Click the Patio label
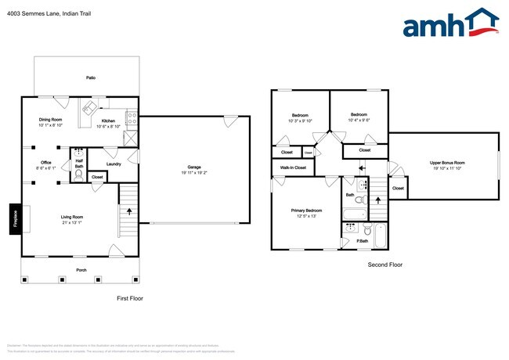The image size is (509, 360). (x=91, y=78)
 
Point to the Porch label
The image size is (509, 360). (x=81, y=270)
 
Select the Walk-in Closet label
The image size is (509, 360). (x=289, y=167)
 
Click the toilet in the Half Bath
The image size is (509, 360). (x=78, y=175)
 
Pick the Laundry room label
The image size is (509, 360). (x=113, y=164)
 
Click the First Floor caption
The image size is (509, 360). (x=129, y=298)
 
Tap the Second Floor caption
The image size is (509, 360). (x=384, y=265)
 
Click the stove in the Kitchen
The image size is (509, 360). (x=132, y=120)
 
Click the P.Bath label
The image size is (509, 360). (x=363, y=241)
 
